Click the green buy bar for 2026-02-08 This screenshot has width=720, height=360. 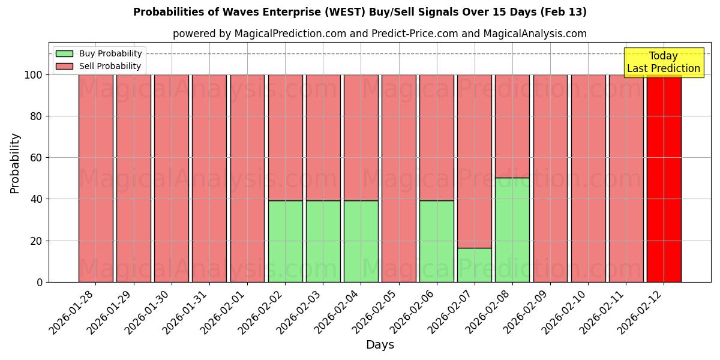pyautogui.click(x=512, y=230)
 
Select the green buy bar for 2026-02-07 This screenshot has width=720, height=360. pyautogui.click(x=475, y=265)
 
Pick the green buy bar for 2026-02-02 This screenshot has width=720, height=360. pyautogui.click(x=285, y=241)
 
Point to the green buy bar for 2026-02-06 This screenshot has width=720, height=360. pyautogui.click(x=437, y=241)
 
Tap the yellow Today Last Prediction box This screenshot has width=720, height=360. pyautogui.click(x=664, y=62)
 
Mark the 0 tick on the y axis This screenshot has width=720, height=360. pyautogui.click(x=40, y=282)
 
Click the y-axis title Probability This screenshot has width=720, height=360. pyautogui.click(x=15, y=163)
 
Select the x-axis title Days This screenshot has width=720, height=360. pyautogui.click(x=380, y=345)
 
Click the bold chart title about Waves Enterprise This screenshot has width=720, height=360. pyautogui.click(x=360, y=12)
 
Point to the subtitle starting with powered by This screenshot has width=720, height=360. pyautogui.click(x=380, y=34)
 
